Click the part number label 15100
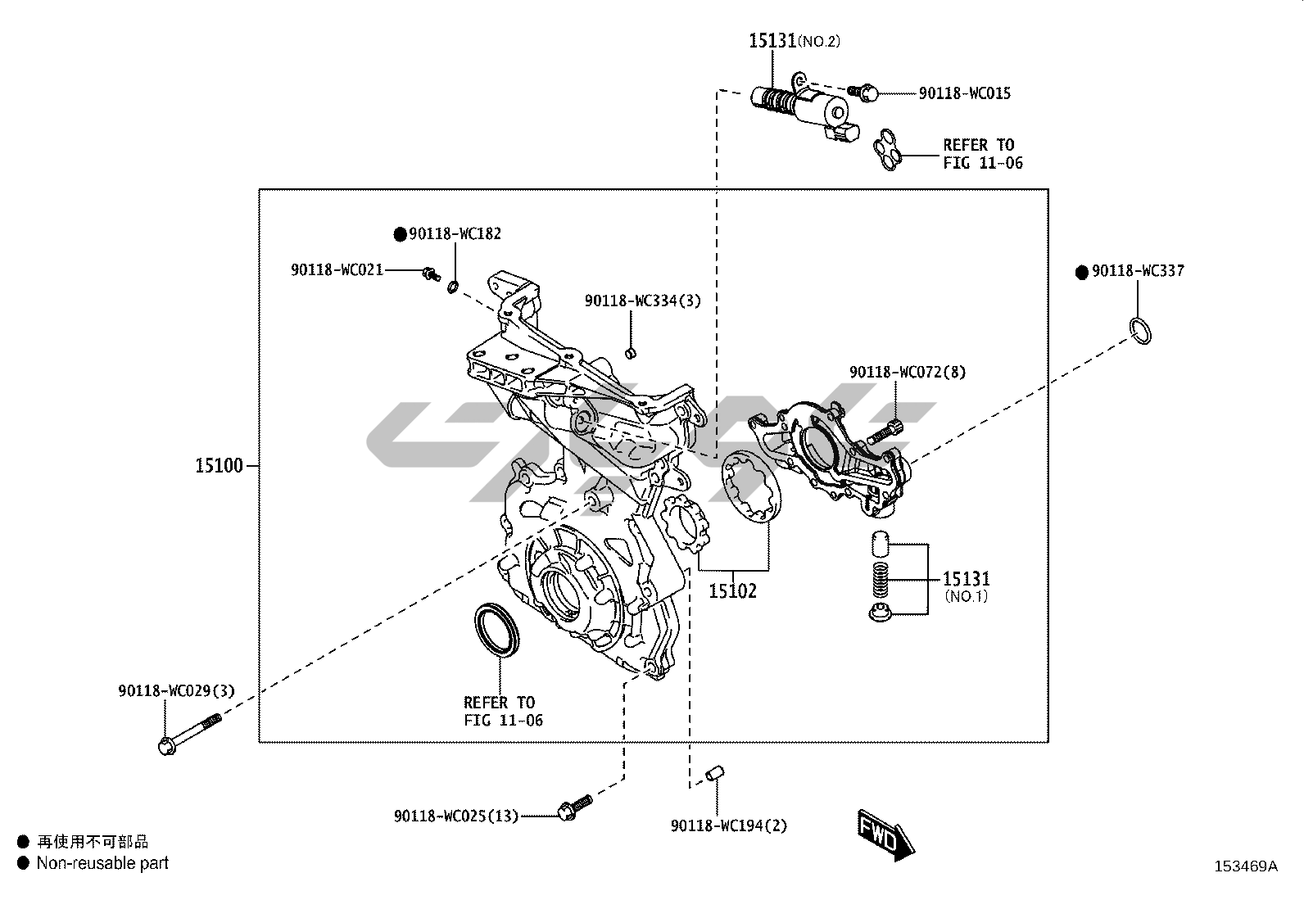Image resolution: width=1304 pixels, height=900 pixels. pos(219,466)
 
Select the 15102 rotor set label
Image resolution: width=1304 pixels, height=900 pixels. pos(732,590)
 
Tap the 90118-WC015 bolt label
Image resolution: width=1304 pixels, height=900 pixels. pos(964,93)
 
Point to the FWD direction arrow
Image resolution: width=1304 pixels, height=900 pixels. pos(886,834)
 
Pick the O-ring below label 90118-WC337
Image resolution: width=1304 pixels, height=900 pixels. pos(1139,330)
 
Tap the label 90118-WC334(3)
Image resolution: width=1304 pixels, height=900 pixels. pos(643,301)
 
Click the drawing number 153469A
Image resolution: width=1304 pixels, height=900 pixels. pos(1245,866)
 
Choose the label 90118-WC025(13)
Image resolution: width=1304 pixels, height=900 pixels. pos(456,816)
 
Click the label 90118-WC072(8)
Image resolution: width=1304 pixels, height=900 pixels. pos(908,372)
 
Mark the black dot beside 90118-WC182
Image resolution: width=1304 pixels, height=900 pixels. pos(400,234)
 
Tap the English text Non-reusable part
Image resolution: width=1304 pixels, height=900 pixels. pos(102,862)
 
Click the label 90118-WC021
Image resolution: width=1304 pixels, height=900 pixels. pos(337,269)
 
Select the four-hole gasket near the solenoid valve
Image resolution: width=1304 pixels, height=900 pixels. pos(887,151)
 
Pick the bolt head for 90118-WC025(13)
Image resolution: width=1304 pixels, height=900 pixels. pos(565,812)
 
